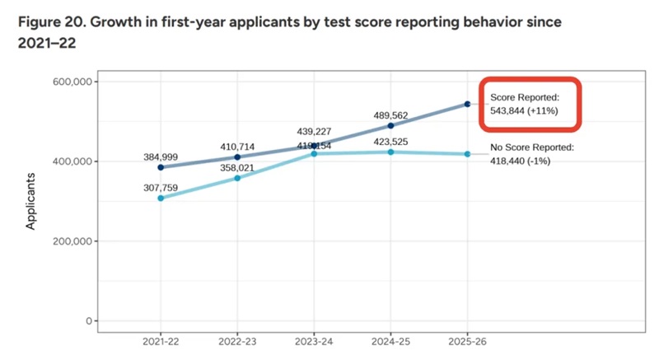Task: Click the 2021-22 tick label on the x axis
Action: (160, 340)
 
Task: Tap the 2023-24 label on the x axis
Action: (314, 340)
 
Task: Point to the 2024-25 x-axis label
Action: (390, 340)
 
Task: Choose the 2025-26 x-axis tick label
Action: (467, 340)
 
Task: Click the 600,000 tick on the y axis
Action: (70, 82)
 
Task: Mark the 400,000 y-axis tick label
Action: (70, 161)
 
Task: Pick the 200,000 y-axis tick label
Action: (70, 241)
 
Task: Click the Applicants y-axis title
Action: (32, 201)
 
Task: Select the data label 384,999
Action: (160, 155)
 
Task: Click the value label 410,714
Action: (237, 147)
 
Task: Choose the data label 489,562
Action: (390, 116)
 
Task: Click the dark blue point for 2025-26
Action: (467, 104)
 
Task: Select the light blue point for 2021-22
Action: (161, 198)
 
